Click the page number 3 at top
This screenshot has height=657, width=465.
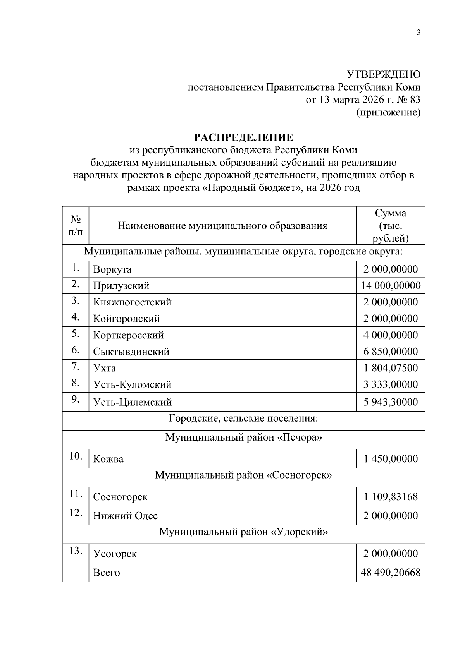(418, 33)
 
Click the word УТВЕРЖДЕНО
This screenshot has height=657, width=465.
(383, 74)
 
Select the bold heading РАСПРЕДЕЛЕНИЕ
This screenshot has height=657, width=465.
(243, 137)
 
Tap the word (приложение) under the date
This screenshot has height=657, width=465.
(388, 112)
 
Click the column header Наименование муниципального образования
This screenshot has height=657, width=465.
(222, 225)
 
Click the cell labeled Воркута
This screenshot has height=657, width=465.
(112, 269)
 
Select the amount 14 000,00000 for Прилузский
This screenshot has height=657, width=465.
(391, 286)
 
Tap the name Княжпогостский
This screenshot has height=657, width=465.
(132, 302)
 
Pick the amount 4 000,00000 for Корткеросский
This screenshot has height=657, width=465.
(391, 335)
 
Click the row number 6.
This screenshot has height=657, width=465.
(75, 350)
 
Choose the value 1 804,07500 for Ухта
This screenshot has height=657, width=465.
(391, 368)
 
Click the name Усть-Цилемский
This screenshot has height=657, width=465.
(132, 402)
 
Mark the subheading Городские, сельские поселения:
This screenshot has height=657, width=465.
(243, 419)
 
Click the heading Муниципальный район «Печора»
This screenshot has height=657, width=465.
(243, 437)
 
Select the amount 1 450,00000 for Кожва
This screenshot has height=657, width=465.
(391, 459)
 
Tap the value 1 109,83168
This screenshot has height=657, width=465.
(391, 497)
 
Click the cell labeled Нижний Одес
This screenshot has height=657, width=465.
(125, 516)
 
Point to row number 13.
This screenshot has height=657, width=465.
(75, 551)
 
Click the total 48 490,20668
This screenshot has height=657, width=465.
(391, 573)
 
